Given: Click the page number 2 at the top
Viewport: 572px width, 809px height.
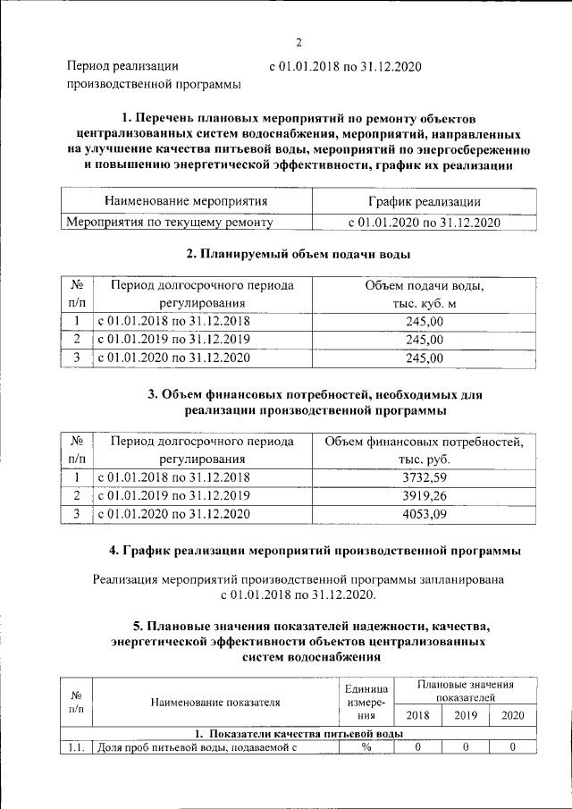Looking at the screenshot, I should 300,41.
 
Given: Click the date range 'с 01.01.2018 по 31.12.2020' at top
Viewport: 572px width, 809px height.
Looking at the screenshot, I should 344,66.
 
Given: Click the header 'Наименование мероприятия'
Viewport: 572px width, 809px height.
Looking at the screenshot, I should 185,202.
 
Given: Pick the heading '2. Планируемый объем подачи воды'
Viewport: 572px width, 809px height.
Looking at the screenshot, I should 299,254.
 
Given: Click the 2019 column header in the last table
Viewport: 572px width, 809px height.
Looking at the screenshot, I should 465,715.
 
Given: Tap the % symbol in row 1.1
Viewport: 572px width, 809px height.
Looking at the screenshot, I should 366,747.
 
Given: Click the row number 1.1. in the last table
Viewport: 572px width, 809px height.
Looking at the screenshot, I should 76,747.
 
